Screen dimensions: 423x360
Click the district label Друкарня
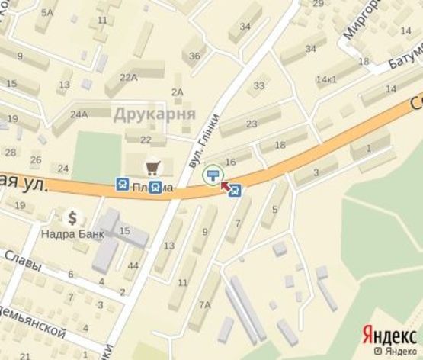(x=155, y=114)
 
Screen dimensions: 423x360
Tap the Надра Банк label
(x=73, y=233)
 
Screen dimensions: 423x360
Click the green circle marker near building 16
(x=213, y=176)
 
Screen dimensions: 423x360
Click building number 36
(x=195, y=56)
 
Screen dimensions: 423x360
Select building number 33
(x=259, y=85)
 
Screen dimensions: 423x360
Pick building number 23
(x=252, y=124)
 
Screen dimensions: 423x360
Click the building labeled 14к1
(x=326, y=79)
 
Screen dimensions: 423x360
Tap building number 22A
(x=128, y=76)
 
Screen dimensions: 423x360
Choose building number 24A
(x=79, y=114)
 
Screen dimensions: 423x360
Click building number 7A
(x=204, y=305)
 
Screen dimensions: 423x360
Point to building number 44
(x=133, y=265)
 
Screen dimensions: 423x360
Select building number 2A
(x=178, y=92)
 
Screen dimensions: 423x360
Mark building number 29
(x=318, y=4)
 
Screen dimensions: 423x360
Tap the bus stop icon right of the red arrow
(x=236, y=191)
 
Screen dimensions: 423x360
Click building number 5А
(x=48, y=12)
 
